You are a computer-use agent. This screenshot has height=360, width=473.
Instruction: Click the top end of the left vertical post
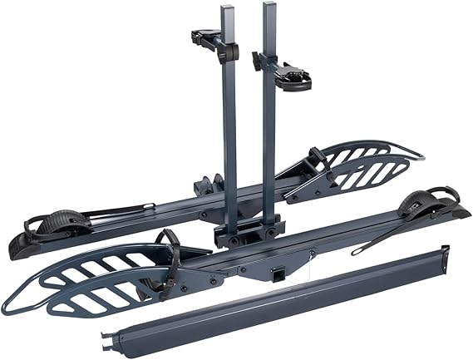coord(228,9)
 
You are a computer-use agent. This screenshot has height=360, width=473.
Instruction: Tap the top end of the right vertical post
coord(269,6)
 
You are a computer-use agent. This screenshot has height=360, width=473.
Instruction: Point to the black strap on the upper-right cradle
coord(318,157)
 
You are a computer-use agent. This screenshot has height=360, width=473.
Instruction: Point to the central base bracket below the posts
coord(248,229)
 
